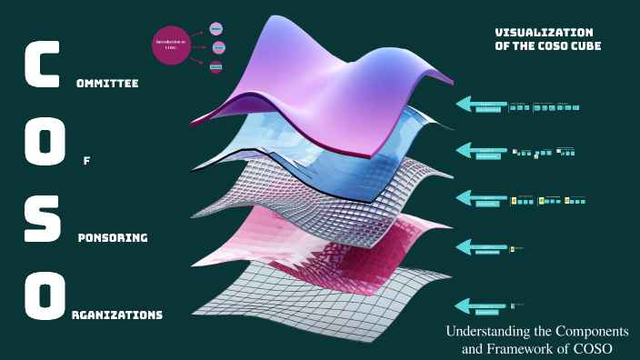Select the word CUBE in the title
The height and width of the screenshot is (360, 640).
click(x=584, y=45)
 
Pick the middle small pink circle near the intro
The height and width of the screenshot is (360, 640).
click(x=218, y=47)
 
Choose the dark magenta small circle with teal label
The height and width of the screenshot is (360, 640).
click(x=215, y=66)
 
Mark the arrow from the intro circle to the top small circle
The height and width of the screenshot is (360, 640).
click(x=200, y=35)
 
